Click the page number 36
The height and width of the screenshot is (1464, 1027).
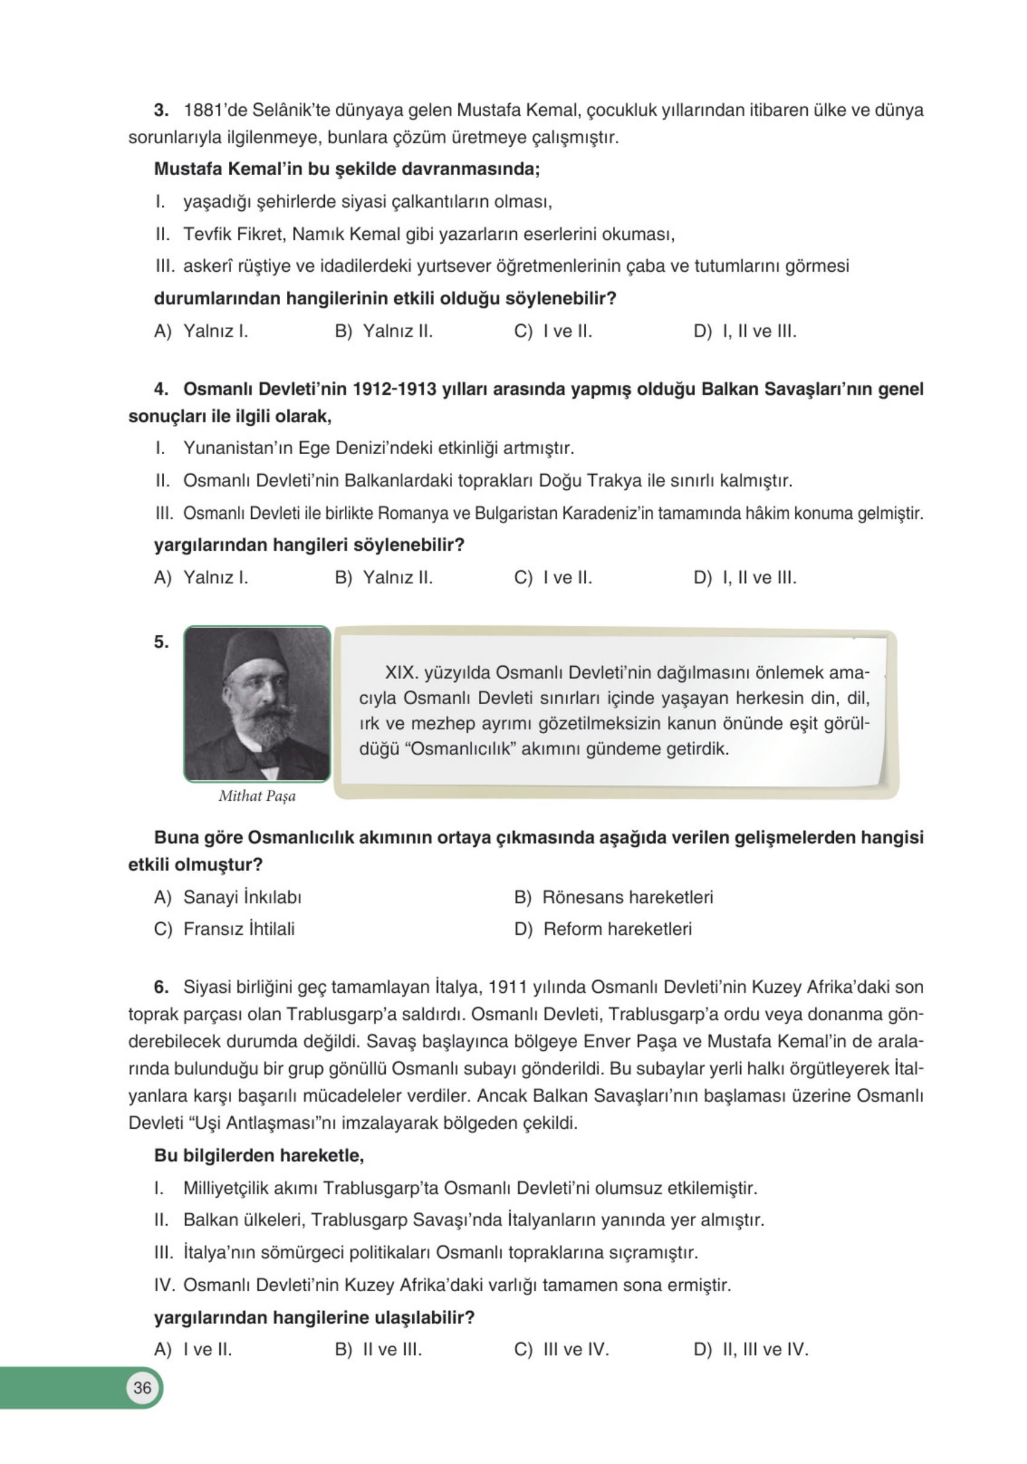[x=142, y=1388]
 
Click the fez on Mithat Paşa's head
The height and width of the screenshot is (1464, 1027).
[x=254, y=652]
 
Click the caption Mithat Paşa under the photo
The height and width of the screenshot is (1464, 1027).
[x=257, y=796]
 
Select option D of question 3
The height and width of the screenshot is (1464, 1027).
[x=744, y=332]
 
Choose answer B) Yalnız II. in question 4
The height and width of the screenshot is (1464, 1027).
[x=384, y=578]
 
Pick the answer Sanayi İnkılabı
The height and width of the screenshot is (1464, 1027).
[x=242, y=897]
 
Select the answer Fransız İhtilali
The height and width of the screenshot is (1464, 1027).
[x=238, y=929]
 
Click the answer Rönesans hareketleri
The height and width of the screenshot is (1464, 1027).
[x=627, y=897]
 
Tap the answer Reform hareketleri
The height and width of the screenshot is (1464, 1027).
[x=617, y=929]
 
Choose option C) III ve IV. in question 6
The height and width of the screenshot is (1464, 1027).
[x=561, y=1349]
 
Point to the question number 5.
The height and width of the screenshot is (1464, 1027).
[x=161, y=642]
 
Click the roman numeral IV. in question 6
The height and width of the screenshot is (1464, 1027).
[x=164, y=1285]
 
